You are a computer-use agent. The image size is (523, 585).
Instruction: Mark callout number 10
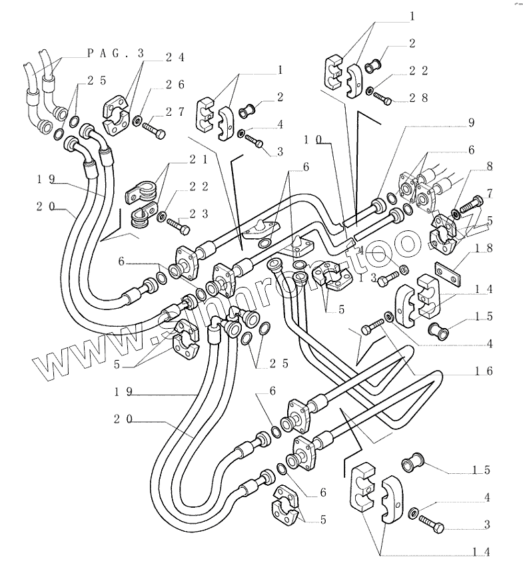(314, 140)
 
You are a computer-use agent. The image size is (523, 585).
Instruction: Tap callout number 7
(489, 194)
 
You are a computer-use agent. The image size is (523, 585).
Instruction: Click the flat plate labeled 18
(446, 272)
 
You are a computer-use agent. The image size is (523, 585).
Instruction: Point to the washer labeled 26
(137, 120)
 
